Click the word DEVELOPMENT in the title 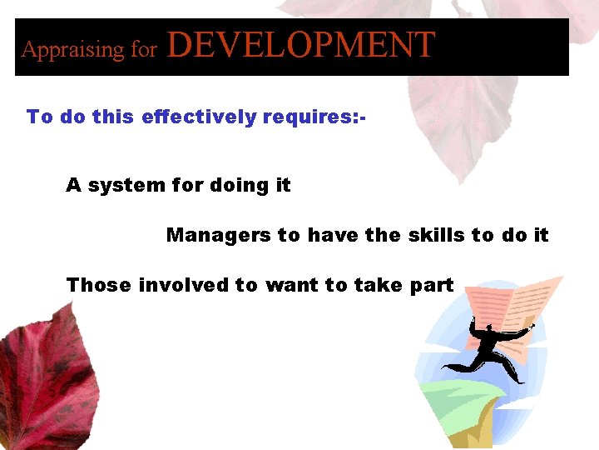coord(301,45)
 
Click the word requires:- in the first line coord(314,117)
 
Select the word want coord(291,285)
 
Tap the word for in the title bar coord(143,50)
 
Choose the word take coord(378,285)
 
